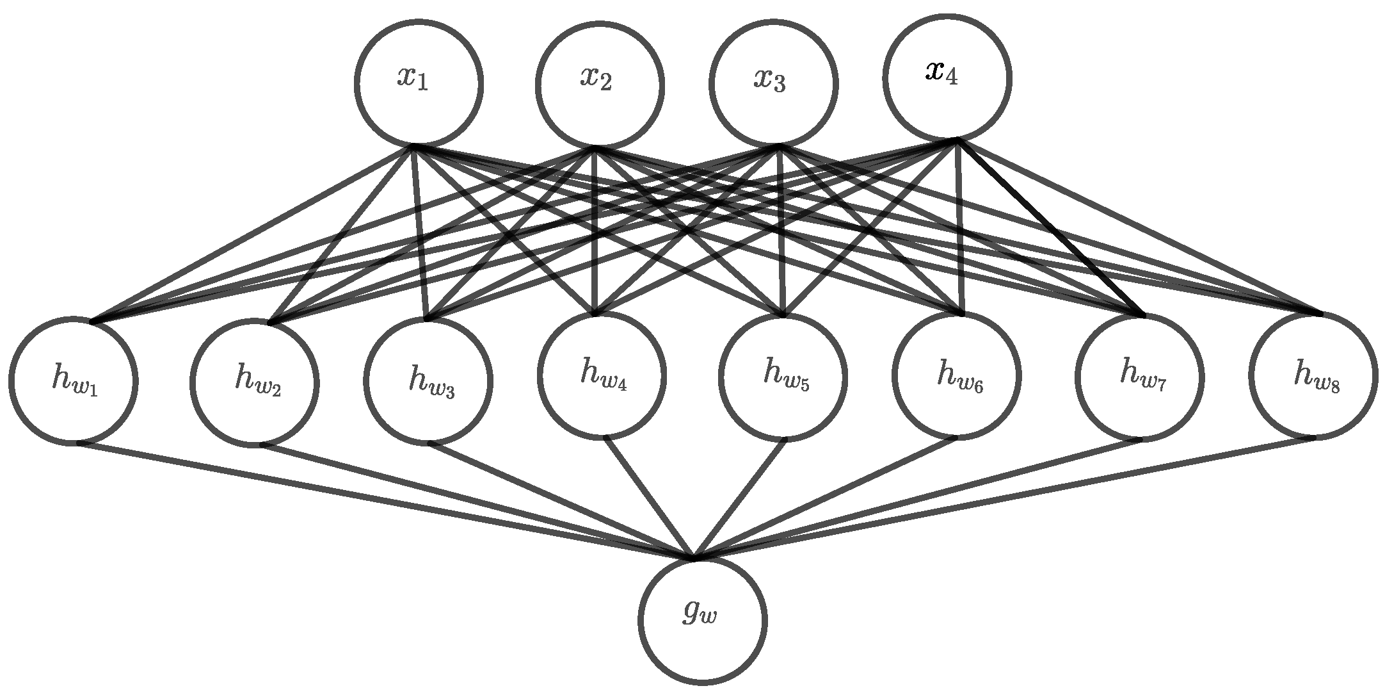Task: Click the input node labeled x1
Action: pos(419,83)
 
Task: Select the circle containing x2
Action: pos(600,86)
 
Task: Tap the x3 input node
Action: pos(774,84)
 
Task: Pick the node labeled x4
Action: pos(947,78)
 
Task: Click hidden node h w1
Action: pos(73,380)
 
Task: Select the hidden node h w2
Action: pos(254,382)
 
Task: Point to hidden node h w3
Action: pos(428,380)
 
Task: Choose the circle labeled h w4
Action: pos(602,375)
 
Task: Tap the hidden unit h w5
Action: pos(783,375)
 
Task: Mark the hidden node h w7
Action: pos(1139,378)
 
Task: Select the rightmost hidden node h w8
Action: pos(1313,375)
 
